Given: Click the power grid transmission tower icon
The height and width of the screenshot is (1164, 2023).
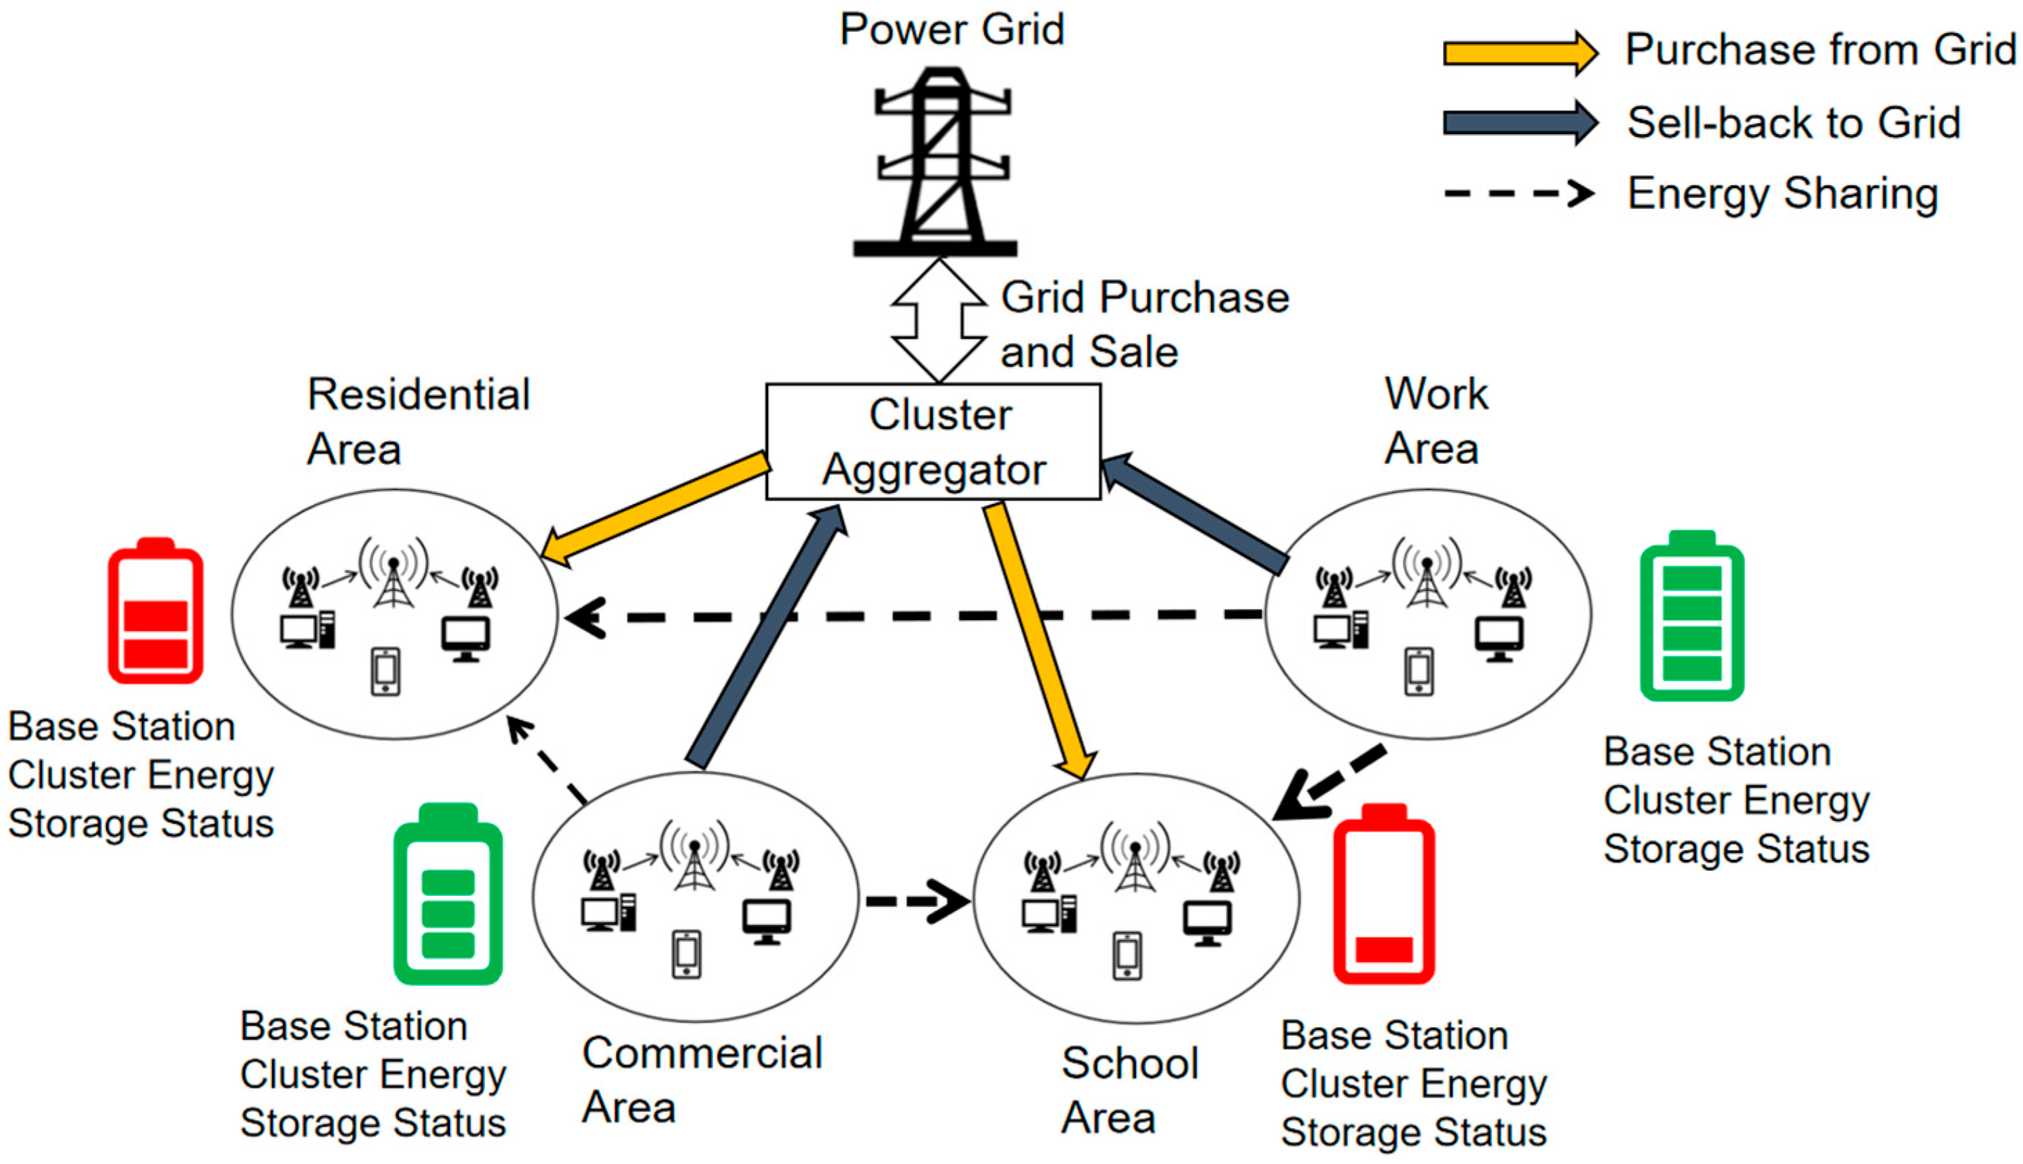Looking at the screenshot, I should point(935,164).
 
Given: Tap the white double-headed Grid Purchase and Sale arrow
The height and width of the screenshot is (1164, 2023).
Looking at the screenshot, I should point(939,320).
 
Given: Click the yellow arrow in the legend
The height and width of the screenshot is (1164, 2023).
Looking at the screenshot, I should point(1519,53).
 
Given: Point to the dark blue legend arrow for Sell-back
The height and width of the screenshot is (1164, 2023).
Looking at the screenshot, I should point(1519,122).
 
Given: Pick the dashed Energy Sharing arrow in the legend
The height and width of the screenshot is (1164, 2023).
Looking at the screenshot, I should point(1519,194).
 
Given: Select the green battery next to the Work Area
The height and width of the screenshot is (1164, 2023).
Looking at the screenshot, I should point(1691,617).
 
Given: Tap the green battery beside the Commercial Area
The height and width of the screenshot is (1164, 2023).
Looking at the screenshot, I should point(448,894).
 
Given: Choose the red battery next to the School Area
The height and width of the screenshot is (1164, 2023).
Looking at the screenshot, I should point(1383,894).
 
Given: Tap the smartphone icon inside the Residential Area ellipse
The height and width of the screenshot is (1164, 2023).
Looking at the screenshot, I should point(385,672).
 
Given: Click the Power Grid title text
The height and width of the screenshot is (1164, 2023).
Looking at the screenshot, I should point(951,30).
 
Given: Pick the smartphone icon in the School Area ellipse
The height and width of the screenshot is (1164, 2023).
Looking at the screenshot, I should point(1128,955).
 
